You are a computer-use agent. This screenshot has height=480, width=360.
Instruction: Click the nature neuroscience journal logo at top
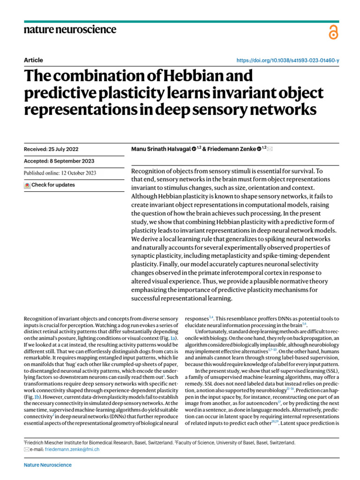[x=70, y=30]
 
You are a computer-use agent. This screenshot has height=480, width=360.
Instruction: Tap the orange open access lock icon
[x=333, y=32]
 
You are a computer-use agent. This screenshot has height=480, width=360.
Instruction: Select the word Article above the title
[x=33, y=60]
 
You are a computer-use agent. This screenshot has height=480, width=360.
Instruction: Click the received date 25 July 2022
[x=63, y=149]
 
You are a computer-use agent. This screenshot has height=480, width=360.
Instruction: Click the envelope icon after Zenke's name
[x=270, y=149]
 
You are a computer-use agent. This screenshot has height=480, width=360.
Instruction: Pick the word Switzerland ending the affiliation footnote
[x=281, y=442]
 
